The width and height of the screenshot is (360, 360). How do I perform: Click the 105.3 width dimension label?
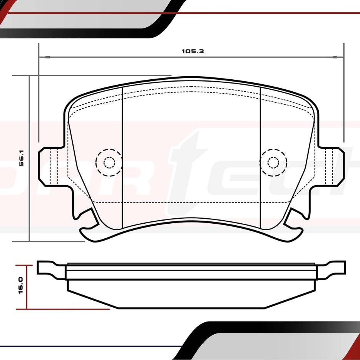193,51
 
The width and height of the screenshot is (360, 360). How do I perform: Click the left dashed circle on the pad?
109,162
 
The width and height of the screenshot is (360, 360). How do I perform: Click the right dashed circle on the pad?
273,162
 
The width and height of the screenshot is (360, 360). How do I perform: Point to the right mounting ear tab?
335,166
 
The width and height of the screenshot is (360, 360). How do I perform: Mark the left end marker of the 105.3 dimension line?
47,57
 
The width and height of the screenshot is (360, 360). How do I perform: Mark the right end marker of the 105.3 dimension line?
335,57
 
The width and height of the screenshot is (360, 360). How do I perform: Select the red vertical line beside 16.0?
27,287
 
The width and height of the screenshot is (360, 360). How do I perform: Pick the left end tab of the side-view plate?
46,268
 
